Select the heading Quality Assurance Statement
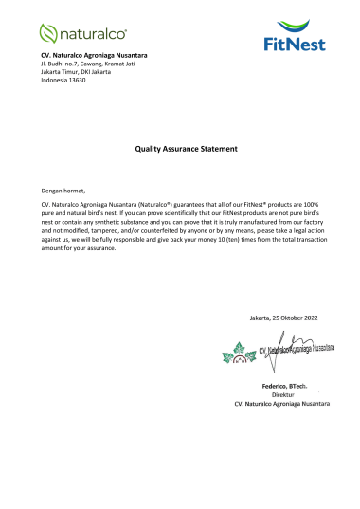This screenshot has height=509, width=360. coord(180,148)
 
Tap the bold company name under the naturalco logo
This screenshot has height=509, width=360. coord(94,58)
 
